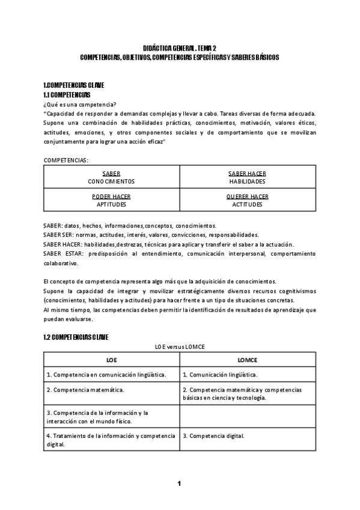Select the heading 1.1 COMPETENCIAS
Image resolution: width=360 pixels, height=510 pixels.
pyautogui.click(x=67, y=95)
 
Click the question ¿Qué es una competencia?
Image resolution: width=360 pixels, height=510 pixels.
pyautogui.click(x=80, y=104)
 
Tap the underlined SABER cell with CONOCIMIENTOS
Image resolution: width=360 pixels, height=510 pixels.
pyautogui.click(x=111, y=176)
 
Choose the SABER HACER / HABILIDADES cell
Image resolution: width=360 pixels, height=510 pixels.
pyautogui.click(x=247, y=176)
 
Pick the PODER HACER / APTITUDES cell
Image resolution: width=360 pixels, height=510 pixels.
pyautogui.click(x=111, y=200)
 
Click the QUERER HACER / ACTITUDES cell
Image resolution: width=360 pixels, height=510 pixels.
pyautogui.click(x=247, y=200)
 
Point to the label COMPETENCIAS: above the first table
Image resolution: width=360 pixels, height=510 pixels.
pyautogui.click(x=66, y=160)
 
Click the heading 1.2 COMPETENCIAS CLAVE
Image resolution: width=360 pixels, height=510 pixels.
pyautogui.click(x=76, y=337)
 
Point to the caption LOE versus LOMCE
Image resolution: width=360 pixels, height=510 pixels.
pyautogui.click(x=180, y=348)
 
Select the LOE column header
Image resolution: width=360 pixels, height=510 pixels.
pyautogui.click(x=111, y=360)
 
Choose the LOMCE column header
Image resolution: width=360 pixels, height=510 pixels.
pyautogui.click(x=247, y=360)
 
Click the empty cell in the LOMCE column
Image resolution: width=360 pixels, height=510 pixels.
pyautogui.click(x=248, y=417)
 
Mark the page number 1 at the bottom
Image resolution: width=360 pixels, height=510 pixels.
pyautogui.click(x=179, y=483)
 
